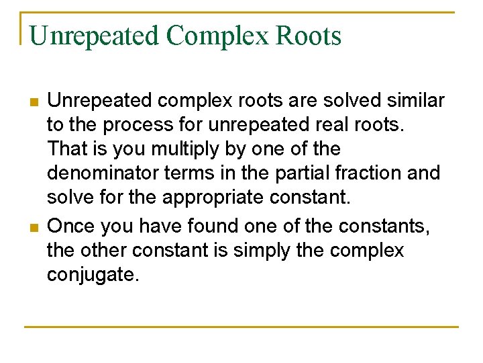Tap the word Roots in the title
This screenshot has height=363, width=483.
[x=308, y=36]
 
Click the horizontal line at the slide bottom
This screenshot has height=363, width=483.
[x=241, y=327]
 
